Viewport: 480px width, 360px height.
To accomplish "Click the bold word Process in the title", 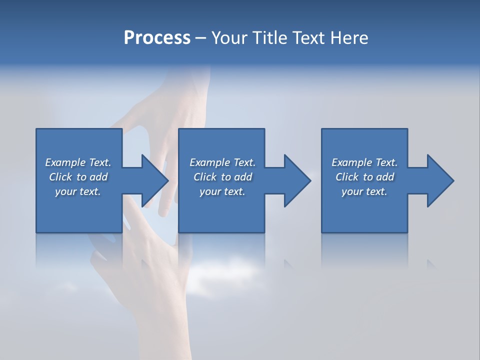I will click(x=157, y=38).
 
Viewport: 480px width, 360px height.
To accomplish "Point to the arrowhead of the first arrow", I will click(x=155, y=180).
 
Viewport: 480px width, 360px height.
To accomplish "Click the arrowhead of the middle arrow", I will click(x=297, y=180).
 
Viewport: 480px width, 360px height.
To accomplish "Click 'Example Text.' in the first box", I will click(x=78, y=162).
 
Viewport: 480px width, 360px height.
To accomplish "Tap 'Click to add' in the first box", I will click(x=78, y=177).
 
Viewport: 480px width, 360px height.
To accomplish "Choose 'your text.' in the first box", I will click(x=78, y=191).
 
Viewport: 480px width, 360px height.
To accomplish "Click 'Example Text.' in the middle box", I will click(x=222, y=162).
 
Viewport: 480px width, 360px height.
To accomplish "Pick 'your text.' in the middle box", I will click(x=222, y=191).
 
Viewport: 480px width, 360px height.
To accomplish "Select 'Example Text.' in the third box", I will click(x=364, y=162).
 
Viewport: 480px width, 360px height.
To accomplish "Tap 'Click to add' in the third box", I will click(x=364, y=177).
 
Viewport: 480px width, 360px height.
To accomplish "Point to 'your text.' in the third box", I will click(x=364, y=191).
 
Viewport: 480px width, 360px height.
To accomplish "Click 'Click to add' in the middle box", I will click(x=222, y=177).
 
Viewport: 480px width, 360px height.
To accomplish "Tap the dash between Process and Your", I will click(x=200, y=38).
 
